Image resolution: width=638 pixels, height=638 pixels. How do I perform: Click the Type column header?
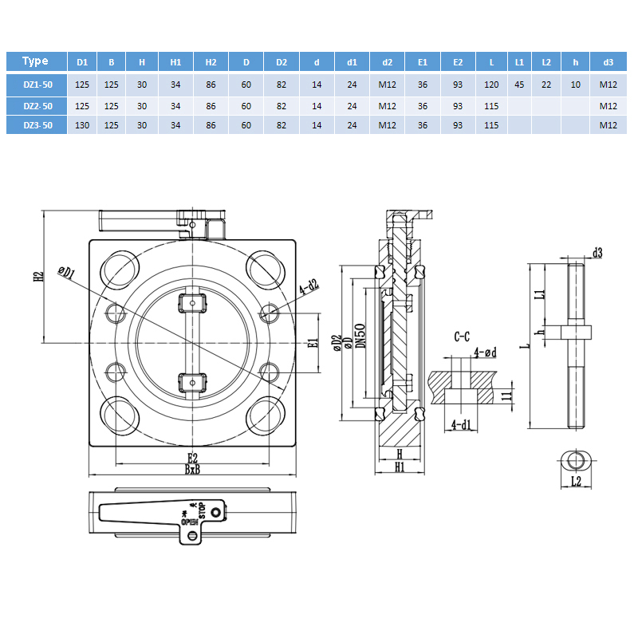point(36,61)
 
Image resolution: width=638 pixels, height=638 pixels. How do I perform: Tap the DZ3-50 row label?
point(37,125)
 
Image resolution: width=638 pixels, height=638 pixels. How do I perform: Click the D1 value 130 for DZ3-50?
point(81,125)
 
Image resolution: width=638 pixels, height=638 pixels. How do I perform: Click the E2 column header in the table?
point(457,62)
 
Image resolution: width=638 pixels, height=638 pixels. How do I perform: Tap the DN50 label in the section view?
point(360,335)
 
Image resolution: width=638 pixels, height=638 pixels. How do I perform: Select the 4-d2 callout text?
point(308,286)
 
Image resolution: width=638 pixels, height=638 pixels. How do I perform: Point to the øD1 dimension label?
point(66,273)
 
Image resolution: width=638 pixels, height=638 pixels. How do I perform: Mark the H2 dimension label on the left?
point(37,277)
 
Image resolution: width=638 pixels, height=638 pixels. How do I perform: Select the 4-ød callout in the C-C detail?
point(485,352)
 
